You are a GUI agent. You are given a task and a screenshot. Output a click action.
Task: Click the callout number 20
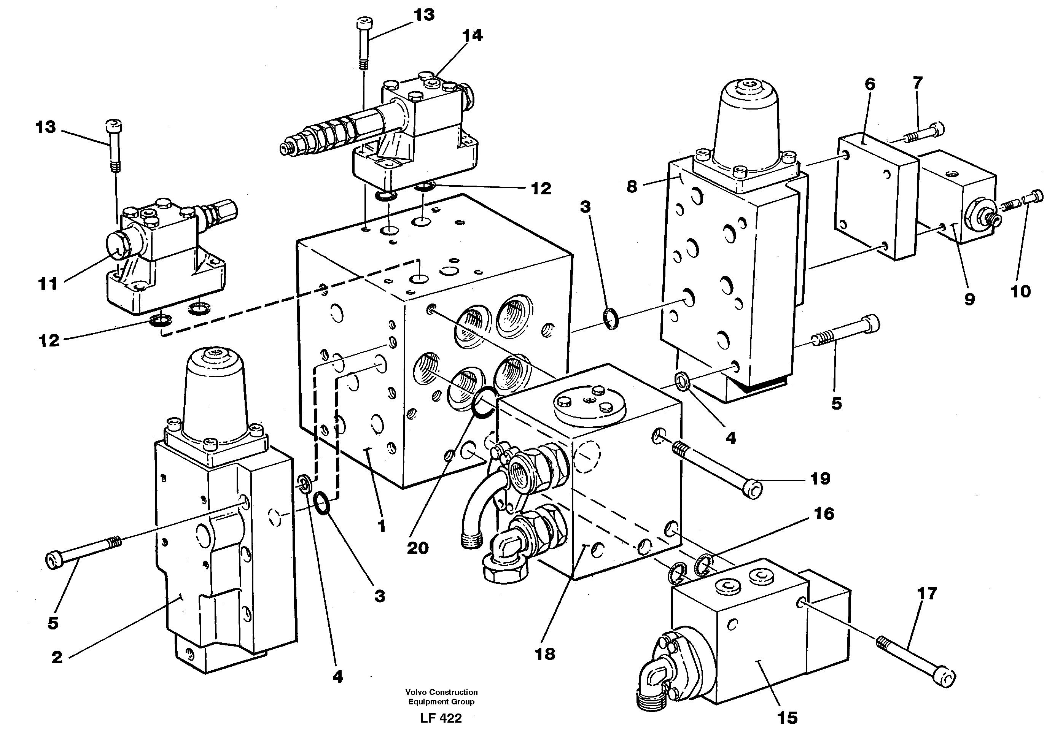tap(417, 548)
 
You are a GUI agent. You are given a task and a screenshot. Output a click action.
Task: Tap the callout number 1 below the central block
tap(381, 526)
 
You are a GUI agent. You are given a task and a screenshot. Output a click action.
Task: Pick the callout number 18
tap(545, 654)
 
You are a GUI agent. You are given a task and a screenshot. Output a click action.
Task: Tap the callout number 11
tap(48, 284)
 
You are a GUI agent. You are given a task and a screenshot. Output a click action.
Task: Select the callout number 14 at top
tap(473, 35)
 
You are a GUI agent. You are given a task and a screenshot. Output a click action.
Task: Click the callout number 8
tap(632, 186)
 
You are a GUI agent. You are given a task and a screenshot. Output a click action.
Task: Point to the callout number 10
tap(1020, 291)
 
